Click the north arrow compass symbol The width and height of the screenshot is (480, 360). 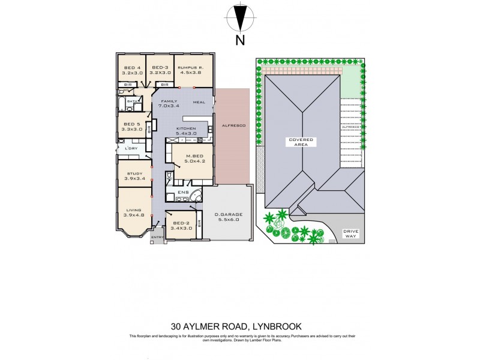240,18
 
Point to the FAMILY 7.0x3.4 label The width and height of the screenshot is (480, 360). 168,103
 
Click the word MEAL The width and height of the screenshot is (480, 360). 199,103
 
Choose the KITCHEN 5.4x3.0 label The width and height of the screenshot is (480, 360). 186,131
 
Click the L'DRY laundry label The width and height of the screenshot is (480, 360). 131,148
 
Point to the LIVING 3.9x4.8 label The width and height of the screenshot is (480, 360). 134,213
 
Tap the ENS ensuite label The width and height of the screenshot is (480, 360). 183,193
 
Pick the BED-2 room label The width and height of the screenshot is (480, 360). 181,225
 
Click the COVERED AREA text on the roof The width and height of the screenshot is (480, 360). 300,142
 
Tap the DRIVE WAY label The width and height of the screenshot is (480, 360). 350,233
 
